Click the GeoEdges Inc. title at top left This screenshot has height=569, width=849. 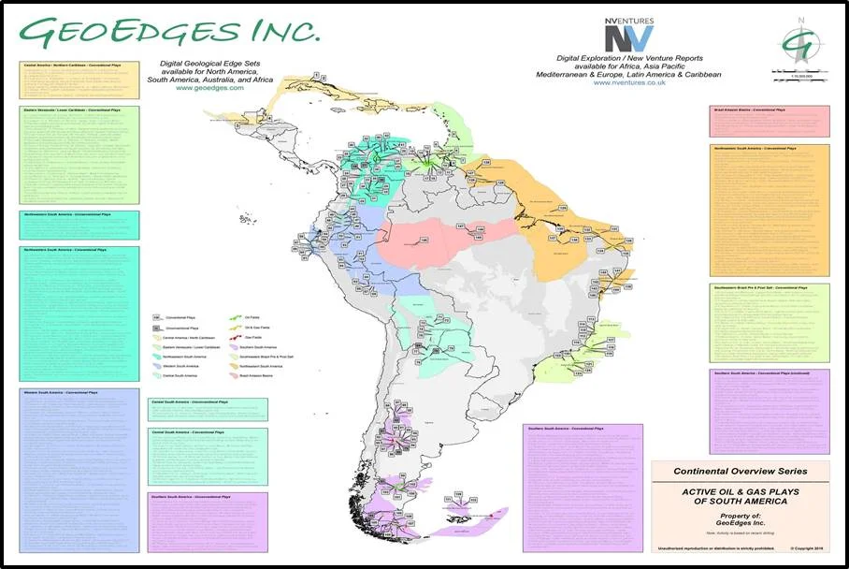pos(168,31)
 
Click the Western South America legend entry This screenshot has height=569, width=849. pos(180,365)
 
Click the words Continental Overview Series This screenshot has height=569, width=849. pos(740,471)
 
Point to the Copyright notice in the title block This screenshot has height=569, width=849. pos(805,550)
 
